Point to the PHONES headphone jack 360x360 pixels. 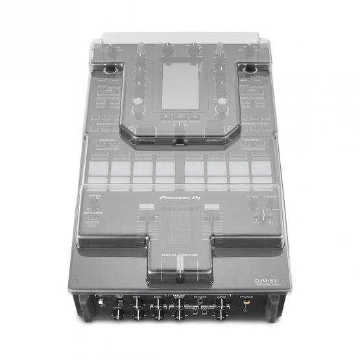click(x=247, y=300)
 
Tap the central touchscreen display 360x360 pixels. click(x=180, y=86)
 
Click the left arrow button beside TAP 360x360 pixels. click(x=165, y=117)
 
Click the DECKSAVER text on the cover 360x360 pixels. click(x=180, y=210)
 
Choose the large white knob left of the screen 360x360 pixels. click(x=138, y=109)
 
